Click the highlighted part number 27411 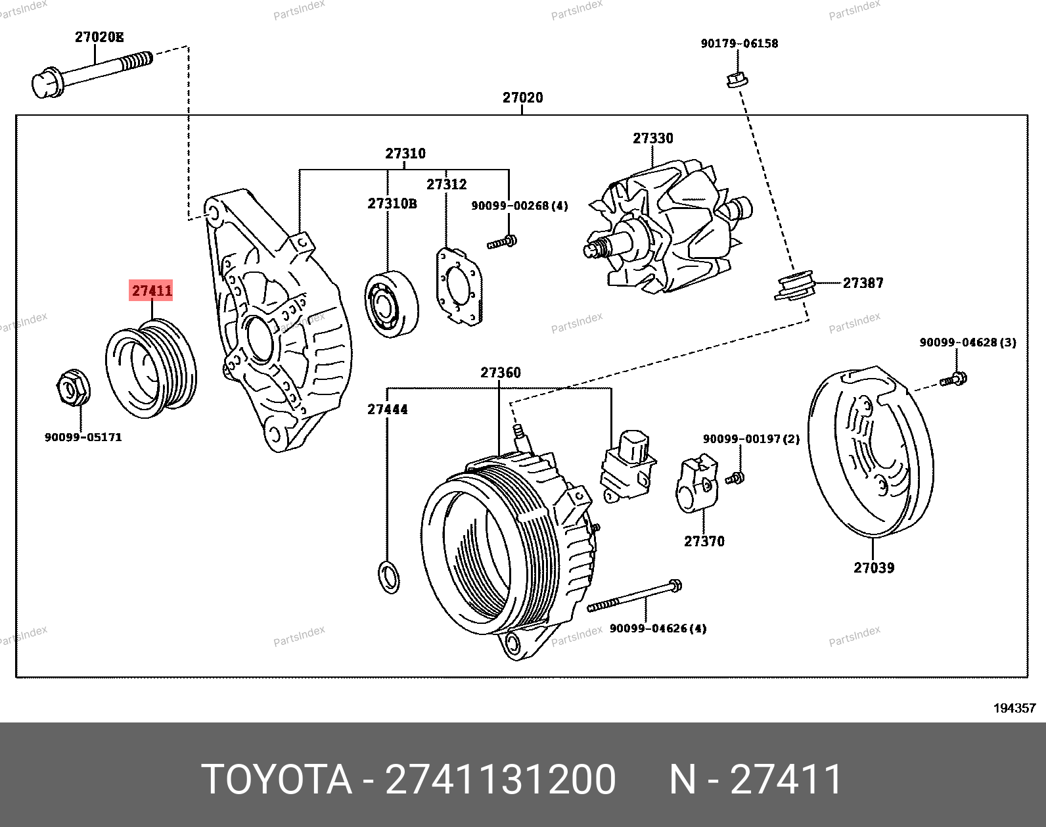click(x=152, y=291)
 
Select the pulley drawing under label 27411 click(x=151, y=368)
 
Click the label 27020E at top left click(x=99, y=37)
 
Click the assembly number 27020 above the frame click(x=522, y=98)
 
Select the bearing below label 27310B click(x=391, y=303)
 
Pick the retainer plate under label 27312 click(x=459, y=287)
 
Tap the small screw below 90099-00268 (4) click(x=502, y=243)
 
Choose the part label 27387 click(x=863, y=283)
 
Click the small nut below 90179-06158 click(x=736, y=80)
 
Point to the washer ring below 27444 click(x=389, y=577)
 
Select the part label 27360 click(x=501, y=373)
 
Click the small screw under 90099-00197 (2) click(x=735, y=478)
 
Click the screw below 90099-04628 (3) click(x=954, y=379)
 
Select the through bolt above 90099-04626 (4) click(x=634, y=596)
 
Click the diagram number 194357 click(x=1014, y=708)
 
